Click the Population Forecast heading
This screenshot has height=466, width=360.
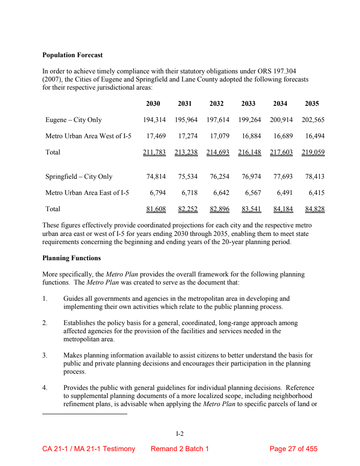(x=72, y=55)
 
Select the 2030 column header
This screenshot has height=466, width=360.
(x=153, y=104)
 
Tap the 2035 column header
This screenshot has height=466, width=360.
(x=312, y=104)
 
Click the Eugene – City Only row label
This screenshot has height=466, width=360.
(x=73, y=120)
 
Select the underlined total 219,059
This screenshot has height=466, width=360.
(x=313, y=152)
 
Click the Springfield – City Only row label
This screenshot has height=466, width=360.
(x=79, y=176)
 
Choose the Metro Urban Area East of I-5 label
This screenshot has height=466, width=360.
(x=87, y=193)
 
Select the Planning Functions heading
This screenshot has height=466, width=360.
(x=72, y=258)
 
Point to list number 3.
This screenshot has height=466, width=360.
(x=45, y=356)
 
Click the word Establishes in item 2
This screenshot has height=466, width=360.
(x=81, y=323)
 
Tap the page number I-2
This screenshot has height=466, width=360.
(x=180, y=434)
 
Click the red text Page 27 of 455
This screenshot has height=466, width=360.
(x=293, y=449)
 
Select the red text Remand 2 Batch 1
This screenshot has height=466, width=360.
(x=180, y=449)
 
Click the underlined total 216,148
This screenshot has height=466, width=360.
(x=249, y=152)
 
